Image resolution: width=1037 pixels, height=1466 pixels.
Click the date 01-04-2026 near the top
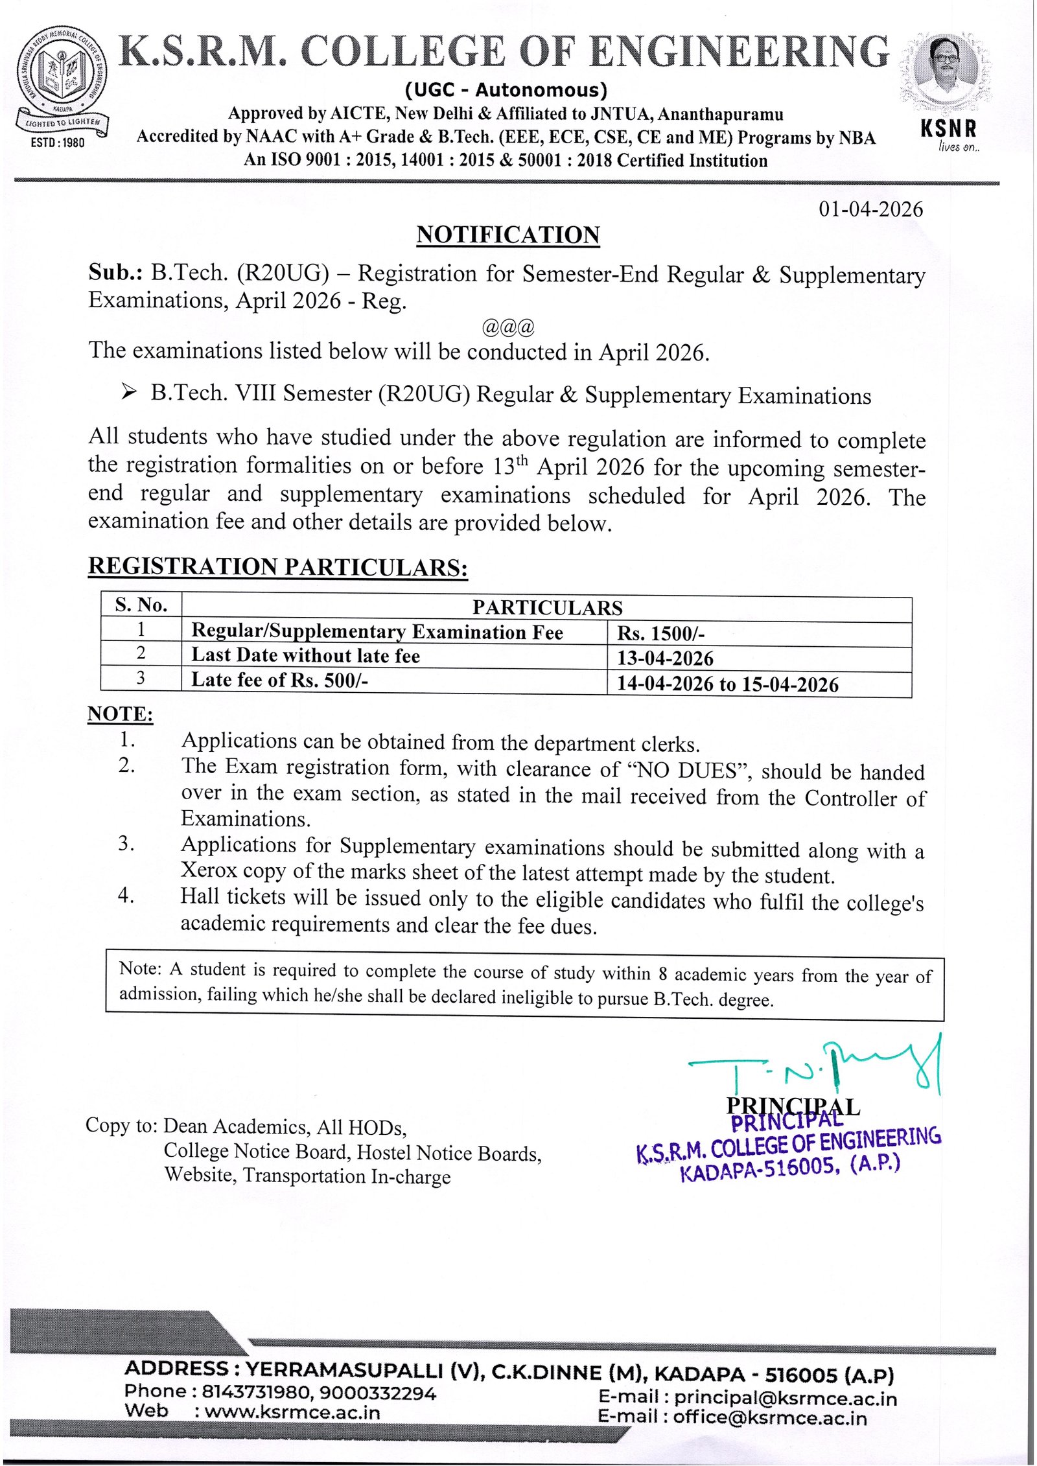[870, 209]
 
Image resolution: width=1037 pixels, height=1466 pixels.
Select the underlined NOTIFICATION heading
[508, 235]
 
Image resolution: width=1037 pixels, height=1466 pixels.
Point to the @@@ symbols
[508, 327]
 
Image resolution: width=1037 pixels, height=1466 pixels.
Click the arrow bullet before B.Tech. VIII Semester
[129, 392]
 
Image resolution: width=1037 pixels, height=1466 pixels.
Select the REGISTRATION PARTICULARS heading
[278, 566]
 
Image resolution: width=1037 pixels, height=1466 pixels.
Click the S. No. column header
[141, 605]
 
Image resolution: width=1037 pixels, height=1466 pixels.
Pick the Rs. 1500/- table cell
[660, 633]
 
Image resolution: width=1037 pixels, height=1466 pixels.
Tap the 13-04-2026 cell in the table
[665, 658]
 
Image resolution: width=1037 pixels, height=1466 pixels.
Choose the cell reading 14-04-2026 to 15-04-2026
[727, 684]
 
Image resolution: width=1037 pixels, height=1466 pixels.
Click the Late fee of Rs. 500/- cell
[279, 680]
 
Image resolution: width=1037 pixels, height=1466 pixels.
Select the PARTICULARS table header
[547, 607]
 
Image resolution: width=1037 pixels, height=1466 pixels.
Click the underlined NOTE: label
[121, 714]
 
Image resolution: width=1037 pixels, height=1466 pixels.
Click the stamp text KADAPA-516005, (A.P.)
[789, 1168]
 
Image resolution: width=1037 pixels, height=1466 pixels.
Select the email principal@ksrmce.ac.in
[785, 1399]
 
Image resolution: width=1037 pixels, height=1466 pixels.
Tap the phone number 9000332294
[378, 1393]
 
